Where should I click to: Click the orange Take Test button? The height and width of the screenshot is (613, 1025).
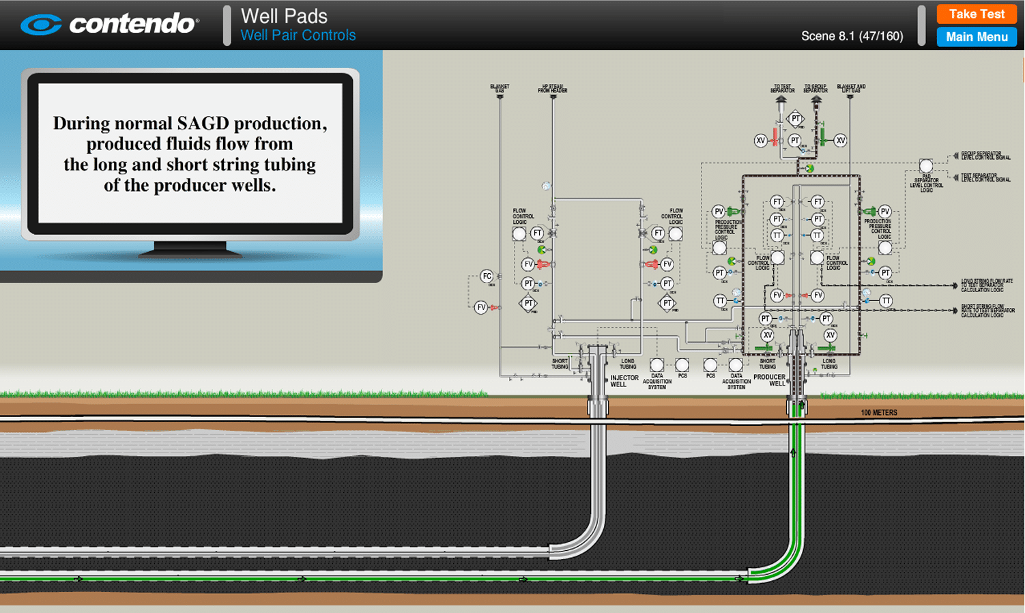pyautogui.click(x=976, y=14)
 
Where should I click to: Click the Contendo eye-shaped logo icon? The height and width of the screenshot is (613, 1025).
pyautogui.click(x=41, y=25)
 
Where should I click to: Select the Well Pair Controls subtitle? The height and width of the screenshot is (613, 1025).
pyautogui.click(x=298, y=35)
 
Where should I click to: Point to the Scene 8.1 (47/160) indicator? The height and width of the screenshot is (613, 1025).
pyautogui.click(x=852, y=36)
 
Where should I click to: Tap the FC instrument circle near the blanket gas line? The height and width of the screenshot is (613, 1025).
pyautogui.click(x=487, y=276)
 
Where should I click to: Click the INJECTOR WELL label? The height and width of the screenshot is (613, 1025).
pyautogui.click(x=624, y=381)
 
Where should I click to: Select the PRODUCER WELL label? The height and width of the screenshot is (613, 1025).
pyautogui.click(x=769, y=380)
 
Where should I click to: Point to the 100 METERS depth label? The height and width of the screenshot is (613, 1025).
pyautogui.click(x=878, y=412)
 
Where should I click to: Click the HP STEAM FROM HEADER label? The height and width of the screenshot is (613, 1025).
pyautogui.click(x=553, y=89)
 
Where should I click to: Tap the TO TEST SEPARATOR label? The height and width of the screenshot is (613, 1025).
pyautogui.click(x=782, y=89)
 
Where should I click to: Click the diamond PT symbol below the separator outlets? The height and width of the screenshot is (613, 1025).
pyautogui.click(x=796, y=119)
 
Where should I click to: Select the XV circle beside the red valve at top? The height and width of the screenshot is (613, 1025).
pyautogui.click(x=761, y=141)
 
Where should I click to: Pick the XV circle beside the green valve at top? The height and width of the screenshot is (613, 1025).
pyautogui.click(x=840, y=141)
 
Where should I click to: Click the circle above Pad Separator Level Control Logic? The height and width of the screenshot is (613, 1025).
pyautogui.click(x=925, y=166)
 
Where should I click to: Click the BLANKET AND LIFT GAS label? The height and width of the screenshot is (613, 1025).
pyautogui.click(x=850, y=89)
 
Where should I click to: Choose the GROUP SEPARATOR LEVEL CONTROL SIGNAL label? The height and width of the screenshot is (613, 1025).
pyautogui.click(x=985, y=156)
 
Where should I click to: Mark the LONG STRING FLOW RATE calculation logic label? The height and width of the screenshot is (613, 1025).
pyautogui.click(x=986, y=285)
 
